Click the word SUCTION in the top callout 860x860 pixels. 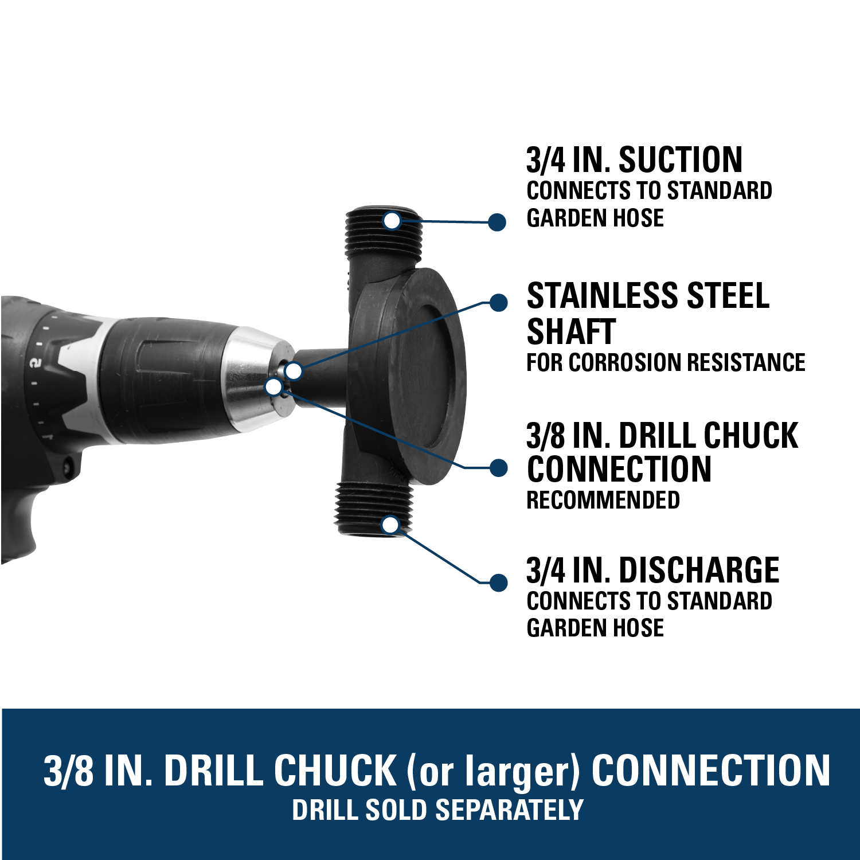pyautogui.click(x=681, y=160)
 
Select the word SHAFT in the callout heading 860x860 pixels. pyautogui.click(x=571, y=331)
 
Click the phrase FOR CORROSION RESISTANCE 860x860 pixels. pyautogui.click(x=666, y=362)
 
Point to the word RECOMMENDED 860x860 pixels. pyautogui.click(x=603, y=500)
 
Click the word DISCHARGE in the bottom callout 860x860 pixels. pyautogui.click(x=699, y=570)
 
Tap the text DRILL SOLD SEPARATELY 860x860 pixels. pyautogui.click(x=437, y=810)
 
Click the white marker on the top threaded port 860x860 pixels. pyautogui.click(x=392, y=220)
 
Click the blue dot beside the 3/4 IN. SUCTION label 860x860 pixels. pyautogui.click(x=497, y=222)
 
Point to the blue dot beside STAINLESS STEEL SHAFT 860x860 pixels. pyautogui.click(x=499, y=303)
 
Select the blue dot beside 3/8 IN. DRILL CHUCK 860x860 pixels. pyautogui.click(x=499, y=468)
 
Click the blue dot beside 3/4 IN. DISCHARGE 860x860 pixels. pyautogui.click(x=499, y=583)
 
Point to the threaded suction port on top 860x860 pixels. pyautogui.click(x=384, y=232)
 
